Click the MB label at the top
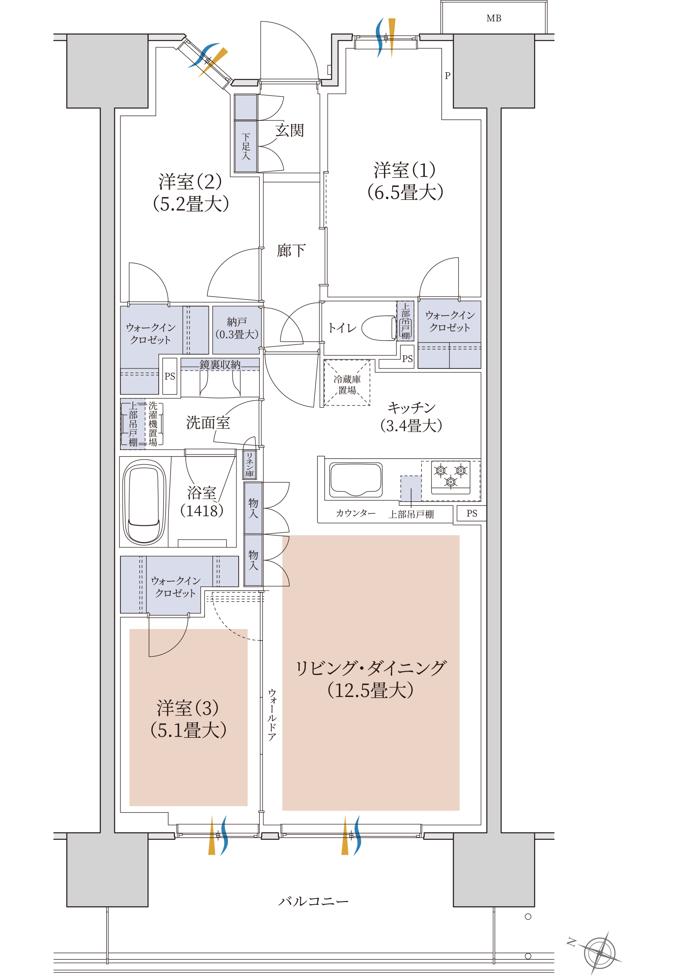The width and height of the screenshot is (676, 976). tap(494, 18)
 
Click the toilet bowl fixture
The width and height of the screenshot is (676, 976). tap(379, 328)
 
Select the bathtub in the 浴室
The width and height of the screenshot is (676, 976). tap(144, 502)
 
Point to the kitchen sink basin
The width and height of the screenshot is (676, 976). tap(356, 480)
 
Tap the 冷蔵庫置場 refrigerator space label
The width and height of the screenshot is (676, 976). tap(347, 384)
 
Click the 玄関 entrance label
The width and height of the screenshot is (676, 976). tap(289, 130)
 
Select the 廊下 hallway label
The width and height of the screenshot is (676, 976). tap(291, 250)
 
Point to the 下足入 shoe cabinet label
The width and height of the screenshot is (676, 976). tap(246, 147)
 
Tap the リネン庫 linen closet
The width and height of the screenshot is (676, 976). tap(249, 465)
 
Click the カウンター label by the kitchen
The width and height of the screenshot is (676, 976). tap(356, 513)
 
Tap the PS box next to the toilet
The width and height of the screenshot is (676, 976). tap(407, 359)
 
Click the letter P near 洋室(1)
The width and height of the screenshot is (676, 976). tap(447, 76)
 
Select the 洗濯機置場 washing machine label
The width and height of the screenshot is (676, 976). tap(153, 424)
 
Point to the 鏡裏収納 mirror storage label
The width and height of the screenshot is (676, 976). tap(220, 365)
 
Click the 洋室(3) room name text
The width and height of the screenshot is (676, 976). tap(188, 708)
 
